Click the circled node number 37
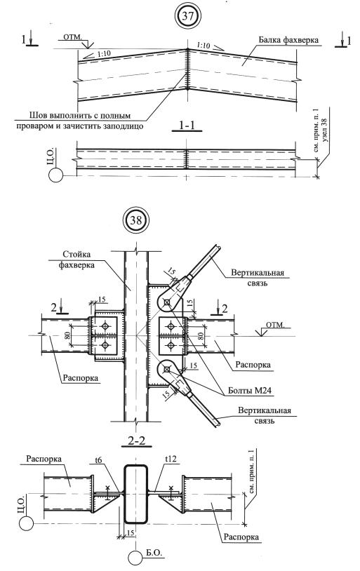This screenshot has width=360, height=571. pos(188,16)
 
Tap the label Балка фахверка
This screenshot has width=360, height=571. pos(288,40)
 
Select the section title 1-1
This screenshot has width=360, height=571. pos(187,126)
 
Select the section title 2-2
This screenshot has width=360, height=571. pos(137,441)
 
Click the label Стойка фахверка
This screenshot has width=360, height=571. pos(77,260)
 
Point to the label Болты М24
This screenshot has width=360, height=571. pos(250,391)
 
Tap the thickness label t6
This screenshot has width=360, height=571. pos(98,460)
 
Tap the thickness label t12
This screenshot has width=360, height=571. pos(171,459)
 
